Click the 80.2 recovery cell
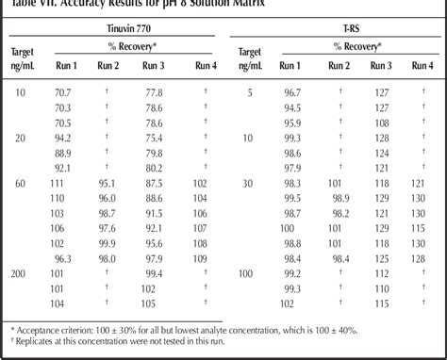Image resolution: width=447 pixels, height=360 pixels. pos(154,167)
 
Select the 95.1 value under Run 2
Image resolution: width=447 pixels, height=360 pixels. pos(107,183)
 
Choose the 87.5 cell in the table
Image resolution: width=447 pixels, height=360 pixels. pos(154,183)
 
